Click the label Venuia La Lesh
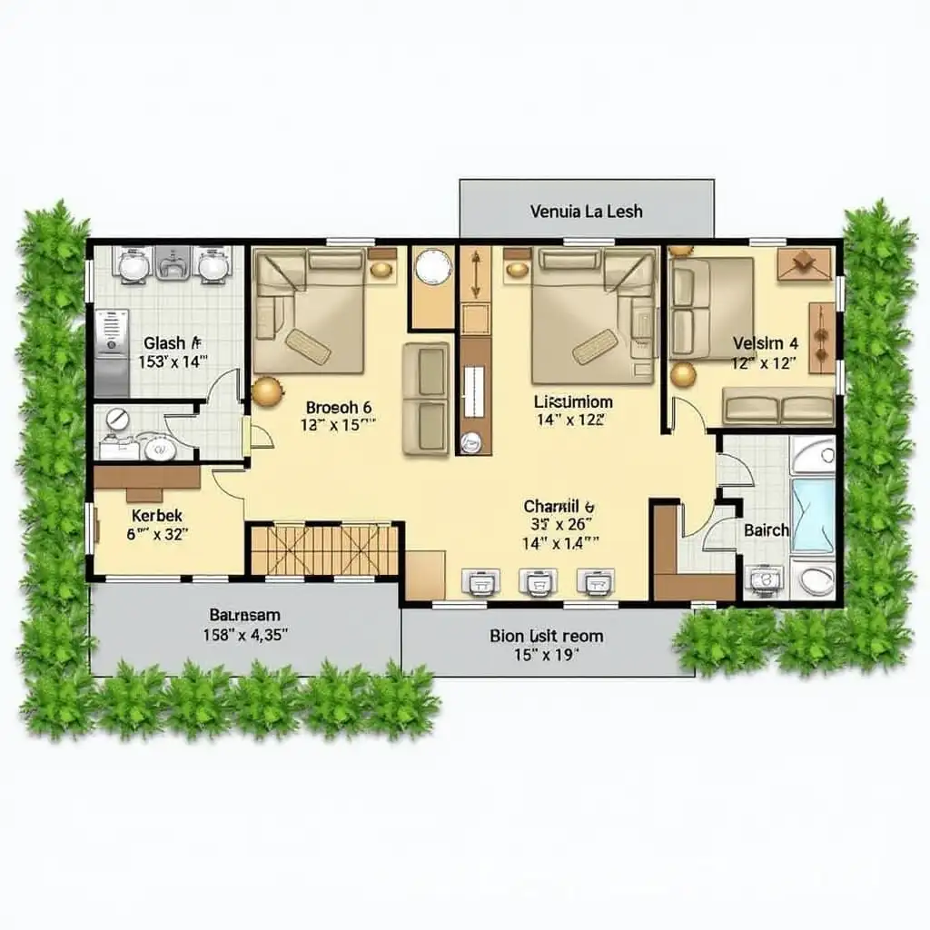586,212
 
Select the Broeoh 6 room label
339,408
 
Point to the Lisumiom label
573,401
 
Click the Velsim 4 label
766,343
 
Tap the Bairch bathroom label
767,530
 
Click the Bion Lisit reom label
546,636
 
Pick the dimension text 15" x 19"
547,654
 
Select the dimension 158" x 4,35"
245,635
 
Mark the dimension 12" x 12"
765,363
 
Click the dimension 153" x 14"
173,361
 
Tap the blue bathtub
813,515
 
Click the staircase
325,549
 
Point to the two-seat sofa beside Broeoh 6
426,398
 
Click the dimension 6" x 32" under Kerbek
157,535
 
